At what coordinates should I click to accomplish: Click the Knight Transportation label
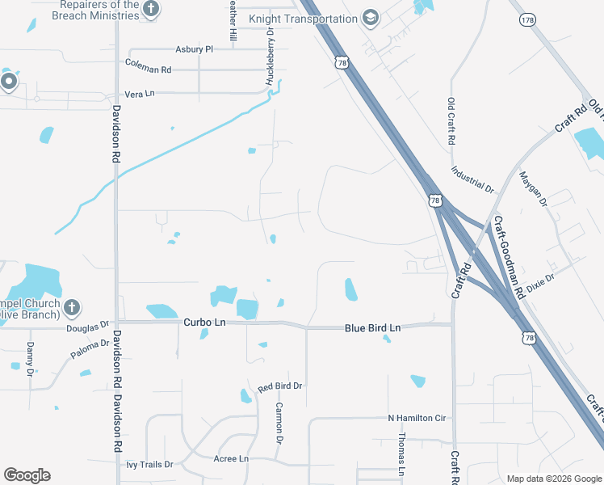(x=303, y=19)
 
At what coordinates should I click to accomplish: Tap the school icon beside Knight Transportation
(x=371, y=19)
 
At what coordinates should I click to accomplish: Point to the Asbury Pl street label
(x=194, y=49)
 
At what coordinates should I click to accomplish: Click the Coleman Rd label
(x=148, y=70)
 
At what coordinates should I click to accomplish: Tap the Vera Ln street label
(x=139, y=94)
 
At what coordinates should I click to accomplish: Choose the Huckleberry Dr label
(x=270, y=57)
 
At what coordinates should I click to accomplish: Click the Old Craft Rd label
(x=451, y=121)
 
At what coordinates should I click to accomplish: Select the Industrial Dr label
(x=472, y=179)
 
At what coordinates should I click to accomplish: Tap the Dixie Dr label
(x=540, y=283)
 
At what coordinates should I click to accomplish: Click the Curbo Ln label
(x=204, y=323)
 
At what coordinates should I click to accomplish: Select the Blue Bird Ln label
(x=372, y=327)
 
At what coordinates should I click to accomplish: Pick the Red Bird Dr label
(x=279, y=387)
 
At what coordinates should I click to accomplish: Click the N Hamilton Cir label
(x=417, y=418)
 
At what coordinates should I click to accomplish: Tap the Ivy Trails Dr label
(x=149, y=465)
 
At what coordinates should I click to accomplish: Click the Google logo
(x=27, y=475)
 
